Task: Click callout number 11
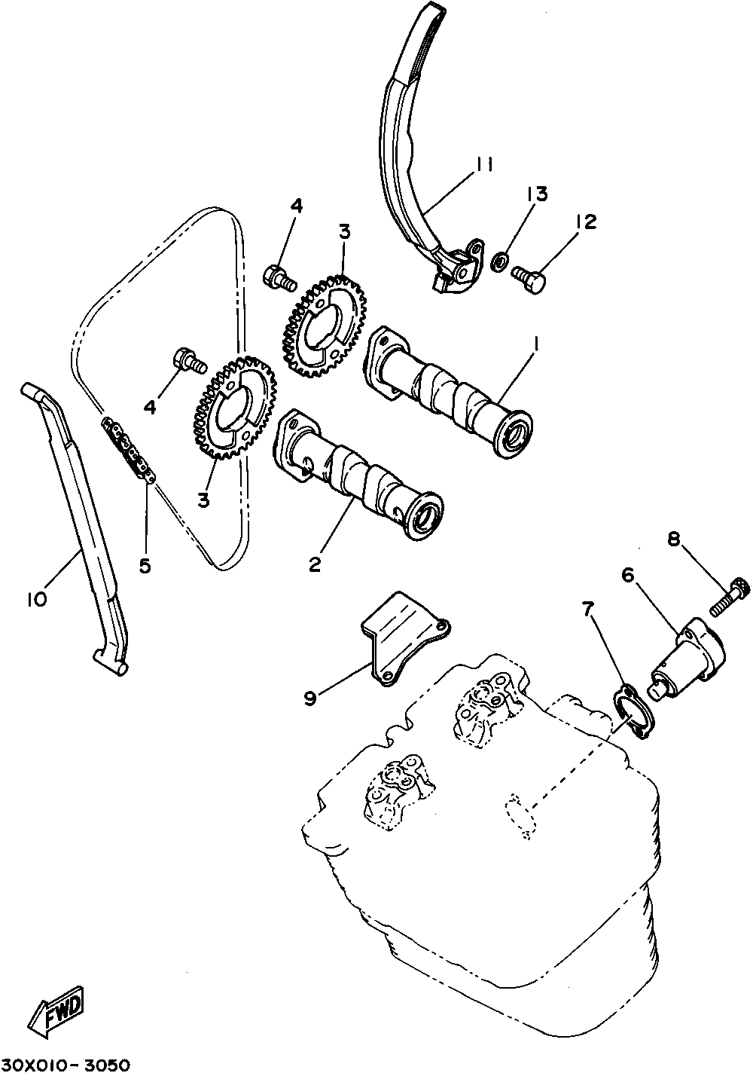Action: (x=483, y=165)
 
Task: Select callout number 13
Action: (x=537, y=194)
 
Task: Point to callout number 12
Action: (x=584, y=222)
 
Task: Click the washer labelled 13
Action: (x=498, y=263)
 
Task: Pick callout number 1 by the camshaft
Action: (x=536, y=344)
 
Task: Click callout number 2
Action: (x=316, y=563)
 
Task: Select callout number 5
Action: (x=145, y=564)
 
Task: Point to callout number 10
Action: (x=35, y=599)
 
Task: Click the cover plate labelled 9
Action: (x=403, y=640)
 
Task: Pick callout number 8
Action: (x=673, y=539)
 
